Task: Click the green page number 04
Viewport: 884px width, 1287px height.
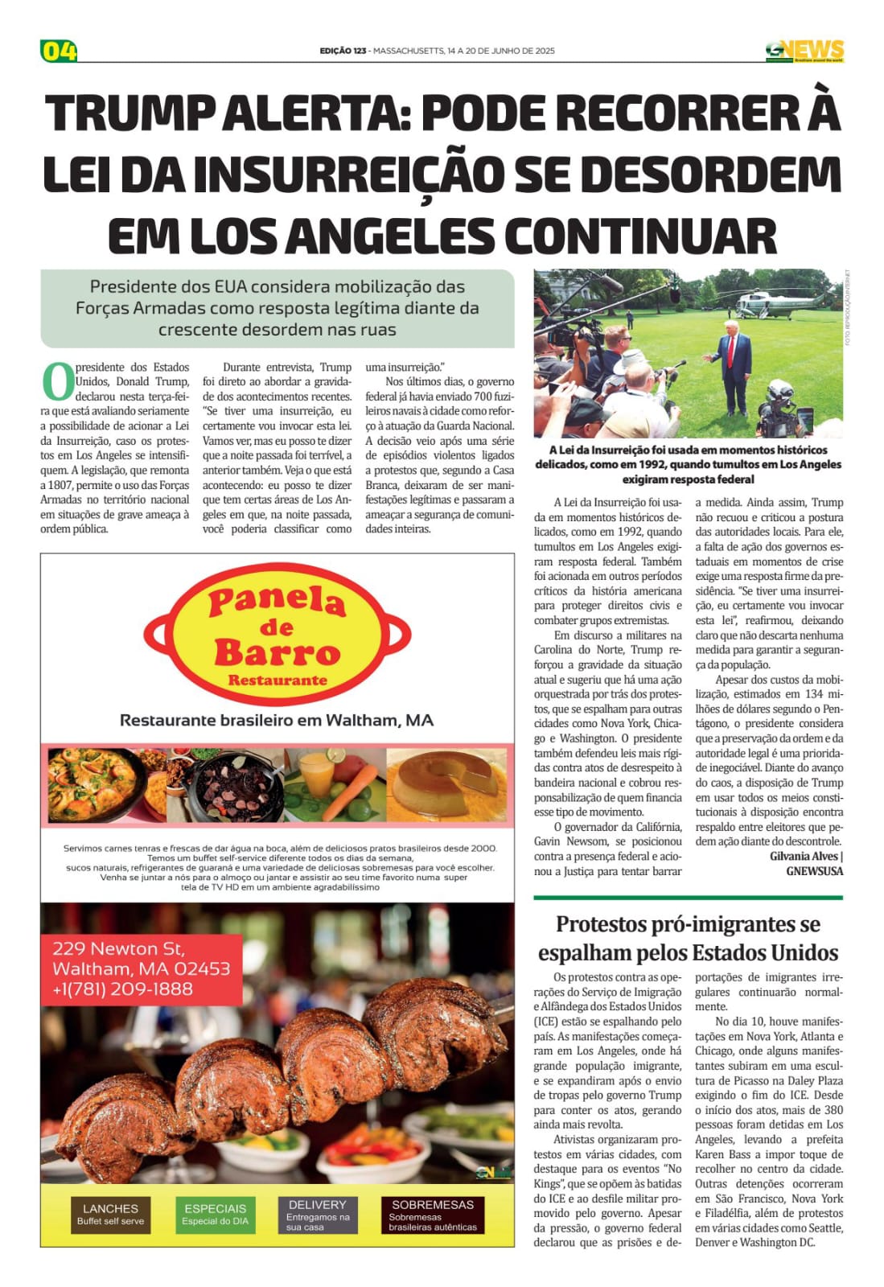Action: click(59, 51)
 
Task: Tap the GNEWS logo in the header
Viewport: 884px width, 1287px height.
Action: click(804, 51)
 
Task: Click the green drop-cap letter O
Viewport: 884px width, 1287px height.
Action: click(57, 382)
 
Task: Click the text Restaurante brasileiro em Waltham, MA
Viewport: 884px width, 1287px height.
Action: click(277, 721)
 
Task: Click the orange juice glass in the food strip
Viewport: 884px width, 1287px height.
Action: click(315, 772)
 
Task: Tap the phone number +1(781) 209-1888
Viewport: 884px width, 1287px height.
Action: click(122, 989)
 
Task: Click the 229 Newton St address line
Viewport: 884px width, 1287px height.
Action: click(118, 948)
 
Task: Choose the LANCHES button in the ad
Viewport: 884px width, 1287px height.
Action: click(111, 1214)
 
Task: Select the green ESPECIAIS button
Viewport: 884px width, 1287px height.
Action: click(216, 1214)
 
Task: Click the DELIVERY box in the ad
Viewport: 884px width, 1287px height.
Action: click(318, 1214)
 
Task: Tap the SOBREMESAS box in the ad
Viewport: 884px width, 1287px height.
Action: click(433, 1214)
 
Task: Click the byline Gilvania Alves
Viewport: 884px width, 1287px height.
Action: click(804, 856)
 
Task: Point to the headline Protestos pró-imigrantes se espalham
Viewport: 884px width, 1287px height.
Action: click(688, 938)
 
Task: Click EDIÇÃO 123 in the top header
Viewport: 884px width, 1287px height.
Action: click(343, 51)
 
